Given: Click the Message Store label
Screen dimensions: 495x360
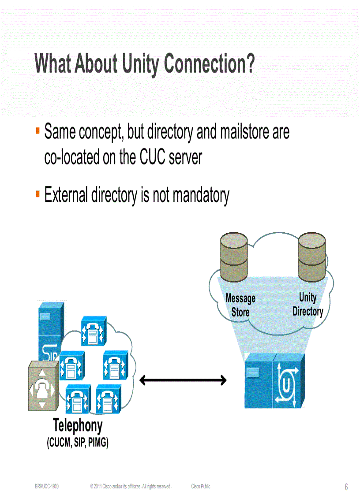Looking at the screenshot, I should pyautogui.click(x=240, y=305).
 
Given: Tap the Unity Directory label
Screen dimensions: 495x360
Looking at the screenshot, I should pyautogui.click(x=308, y=304).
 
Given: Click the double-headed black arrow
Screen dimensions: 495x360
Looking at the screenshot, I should pyautogui.click(x=183, y=380).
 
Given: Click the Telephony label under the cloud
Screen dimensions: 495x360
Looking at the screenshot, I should pyautogui.click(x=78, y=426).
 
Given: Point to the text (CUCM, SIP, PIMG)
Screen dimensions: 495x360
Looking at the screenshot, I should pyautogui.click(x=78, y=443).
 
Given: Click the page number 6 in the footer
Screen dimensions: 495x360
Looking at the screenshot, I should pyautogui.click(x=346, y=487).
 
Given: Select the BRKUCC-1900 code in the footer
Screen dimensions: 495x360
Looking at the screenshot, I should pyautogui.click(x=47, y=486).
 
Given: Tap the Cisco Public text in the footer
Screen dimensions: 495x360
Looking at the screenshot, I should pyautogui.click(x=201, y=486).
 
